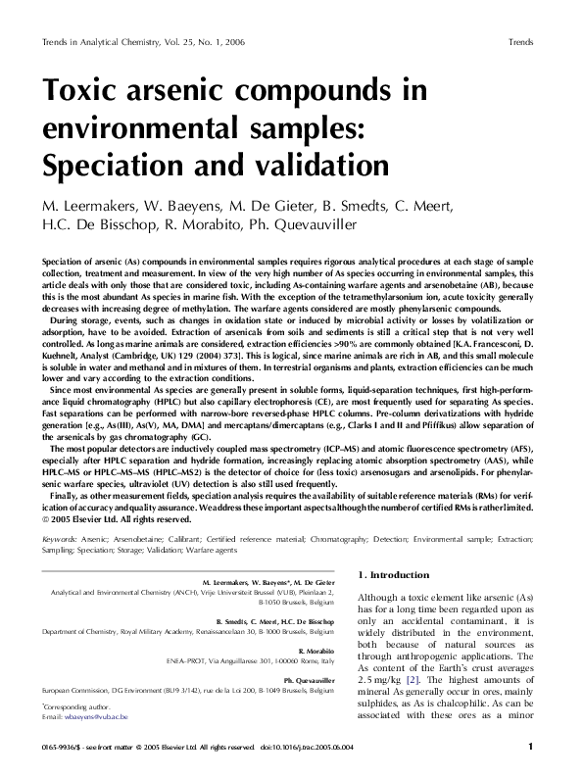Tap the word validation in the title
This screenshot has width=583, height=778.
tap(316, 161)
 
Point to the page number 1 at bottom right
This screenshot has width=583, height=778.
tap(530, 747)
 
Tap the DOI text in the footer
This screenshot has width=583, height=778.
tap(307, 747)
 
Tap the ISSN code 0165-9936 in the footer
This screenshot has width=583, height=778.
tap(59, 747)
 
